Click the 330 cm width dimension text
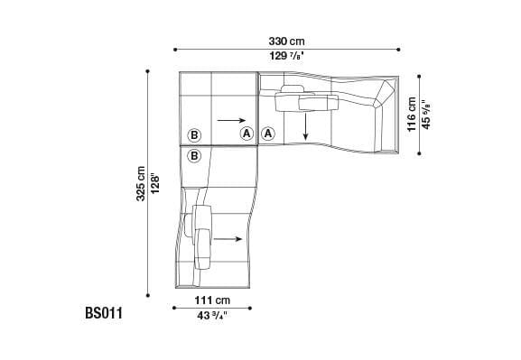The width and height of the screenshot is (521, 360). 285,41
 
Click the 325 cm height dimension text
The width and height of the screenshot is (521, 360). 140,183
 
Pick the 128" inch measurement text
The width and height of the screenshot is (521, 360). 154,183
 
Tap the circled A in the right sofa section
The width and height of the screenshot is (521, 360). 268,134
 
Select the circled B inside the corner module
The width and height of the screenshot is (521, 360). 193,135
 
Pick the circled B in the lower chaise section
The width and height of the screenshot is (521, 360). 193,156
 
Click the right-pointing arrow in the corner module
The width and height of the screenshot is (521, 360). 230,119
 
